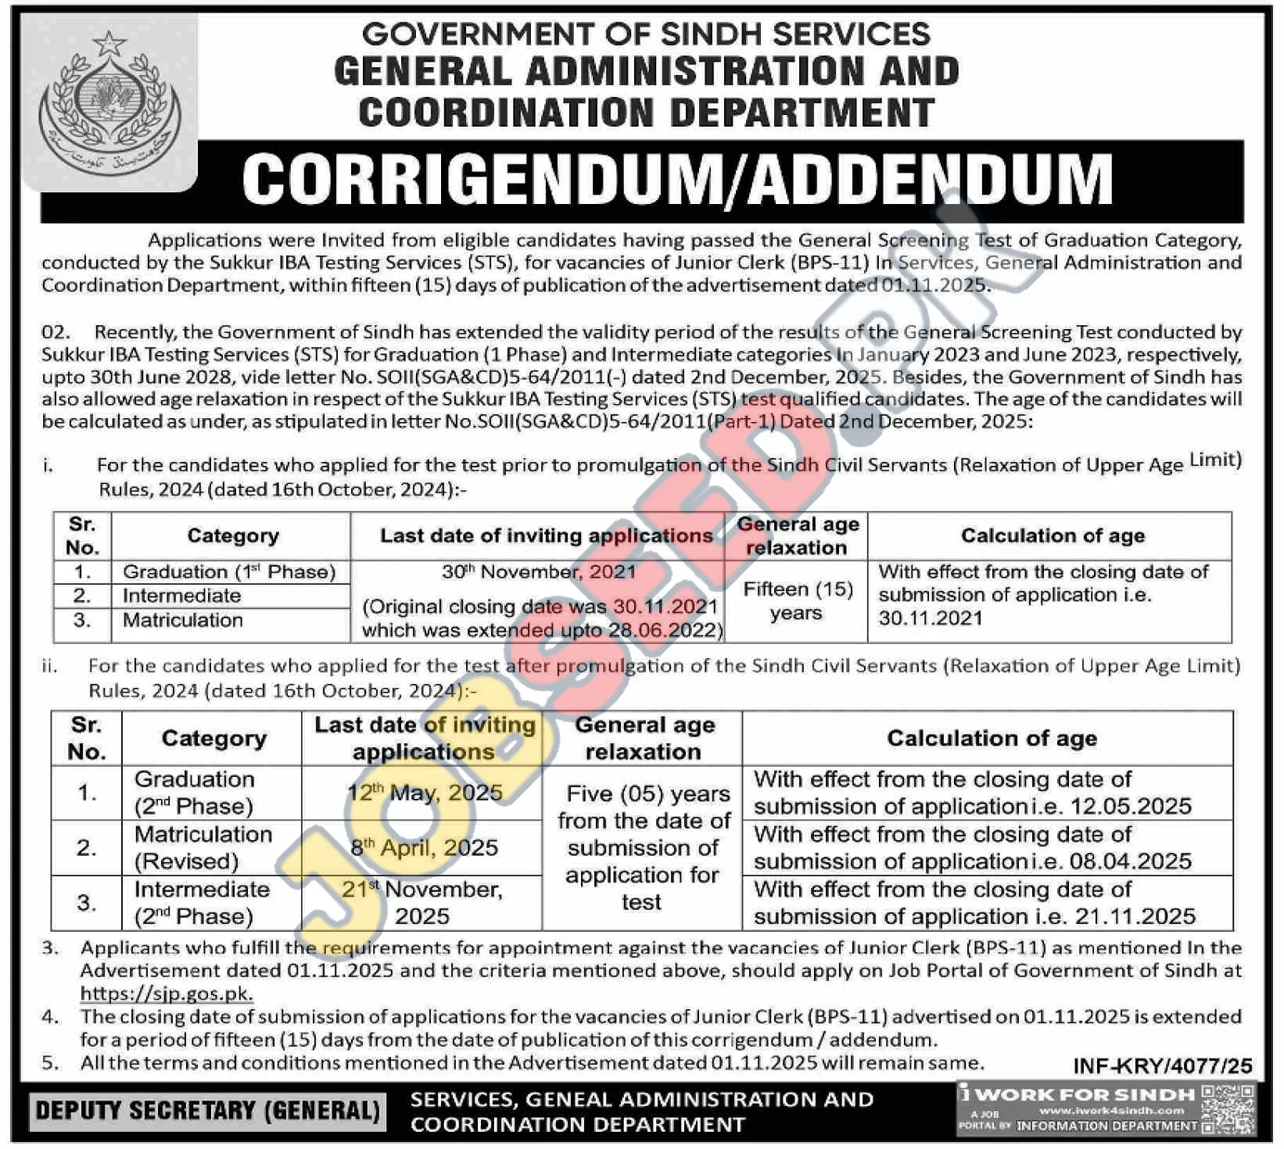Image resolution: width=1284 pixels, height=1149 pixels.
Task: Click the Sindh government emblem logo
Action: tap(109, 102)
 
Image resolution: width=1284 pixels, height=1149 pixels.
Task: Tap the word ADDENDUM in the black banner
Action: tap(931, 181)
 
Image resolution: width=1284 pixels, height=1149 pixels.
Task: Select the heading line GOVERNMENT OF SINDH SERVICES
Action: tap(646, 34)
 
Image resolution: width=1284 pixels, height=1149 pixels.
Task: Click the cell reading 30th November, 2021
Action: tap(538, 572)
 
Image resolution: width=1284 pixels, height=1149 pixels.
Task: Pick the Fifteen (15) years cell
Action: tap(797, 601)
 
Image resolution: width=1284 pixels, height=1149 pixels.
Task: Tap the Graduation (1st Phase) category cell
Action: tap(229, 572)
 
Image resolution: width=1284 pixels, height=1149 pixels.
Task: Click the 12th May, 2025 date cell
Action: tap(424, 793)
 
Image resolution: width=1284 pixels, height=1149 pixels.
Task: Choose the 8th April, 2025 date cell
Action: tap(424, 848)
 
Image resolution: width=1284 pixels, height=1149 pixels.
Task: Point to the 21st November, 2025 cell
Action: tap(422, 903)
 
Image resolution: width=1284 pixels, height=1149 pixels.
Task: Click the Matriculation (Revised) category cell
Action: tap(203, 848)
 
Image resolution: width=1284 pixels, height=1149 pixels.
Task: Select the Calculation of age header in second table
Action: tap(991, 739)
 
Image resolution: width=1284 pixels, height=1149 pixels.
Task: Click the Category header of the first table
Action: tap(232, 536)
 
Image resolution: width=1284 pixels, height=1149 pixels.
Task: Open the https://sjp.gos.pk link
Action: tap(167, 994)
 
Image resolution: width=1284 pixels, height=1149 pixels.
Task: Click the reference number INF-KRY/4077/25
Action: tap(1162, 1066)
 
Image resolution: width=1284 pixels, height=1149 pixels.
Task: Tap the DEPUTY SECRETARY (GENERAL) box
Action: tap(207, 1111)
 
